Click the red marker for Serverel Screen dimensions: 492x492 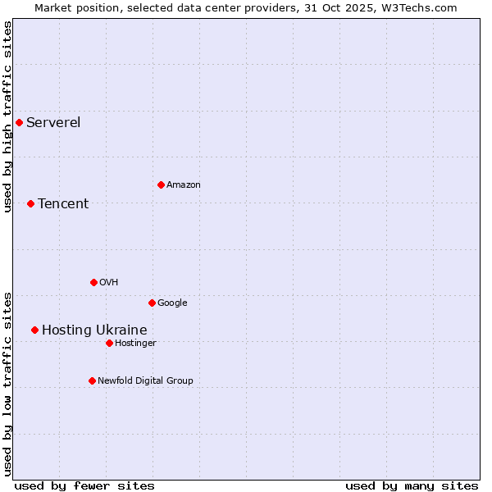(x=19, y=123)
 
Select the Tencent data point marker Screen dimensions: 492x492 (x=30, y=203)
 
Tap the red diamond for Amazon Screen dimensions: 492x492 (x=161, y=184)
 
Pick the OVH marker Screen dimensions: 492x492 (x=93, y=282)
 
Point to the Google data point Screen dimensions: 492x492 (x=152, y=303)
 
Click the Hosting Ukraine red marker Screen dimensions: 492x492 (x=34, y=330)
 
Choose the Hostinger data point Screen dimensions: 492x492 (x=109, y=343)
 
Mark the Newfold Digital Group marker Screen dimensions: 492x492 (x=92, y=380)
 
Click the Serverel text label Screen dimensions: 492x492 (x=53, y=123)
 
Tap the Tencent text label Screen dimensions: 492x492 (x=63, y=203)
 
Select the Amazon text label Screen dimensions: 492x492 (x=184, y=184)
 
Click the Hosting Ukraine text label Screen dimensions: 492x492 (x=94, y=330)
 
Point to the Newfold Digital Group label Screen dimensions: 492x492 (x=145, y=380)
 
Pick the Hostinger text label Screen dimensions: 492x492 (x=135, y=343)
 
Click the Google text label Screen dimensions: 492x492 (x=172, y=303)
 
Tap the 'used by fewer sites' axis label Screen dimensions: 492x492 (x=84, y=485)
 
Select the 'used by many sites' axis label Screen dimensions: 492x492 (x=412, y=485)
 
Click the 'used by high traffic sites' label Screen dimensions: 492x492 (x=7, y=116)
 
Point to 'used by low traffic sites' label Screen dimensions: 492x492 (x=7, y=384)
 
